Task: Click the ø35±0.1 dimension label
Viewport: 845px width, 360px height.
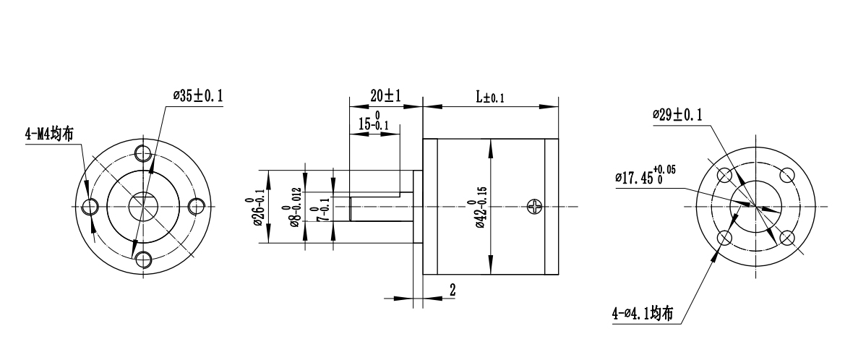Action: click(198, 96)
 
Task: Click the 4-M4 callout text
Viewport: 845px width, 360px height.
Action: click(48, 134)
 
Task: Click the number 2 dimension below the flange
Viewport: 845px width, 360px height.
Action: click(452, 290)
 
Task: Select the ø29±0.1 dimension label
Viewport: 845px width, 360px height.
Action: click(677, 114)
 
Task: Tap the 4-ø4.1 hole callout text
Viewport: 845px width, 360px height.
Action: click(642, 314)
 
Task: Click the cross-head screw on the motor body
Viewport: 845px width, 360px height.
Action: click(535, 207)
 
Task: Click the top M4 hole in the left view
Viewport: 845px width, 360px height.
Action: click(142, 154)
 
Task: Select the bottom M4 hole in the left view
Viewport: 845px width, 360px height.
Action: click(142, 259)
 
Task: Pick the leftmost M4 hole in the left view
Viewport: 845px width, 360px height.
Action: click(90, 207)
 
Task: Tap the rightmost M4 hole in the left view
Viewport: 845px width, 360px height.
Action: click(194, 207)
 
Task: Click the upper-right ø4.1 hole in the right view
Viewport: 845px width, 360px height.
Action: click(787, 176)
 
